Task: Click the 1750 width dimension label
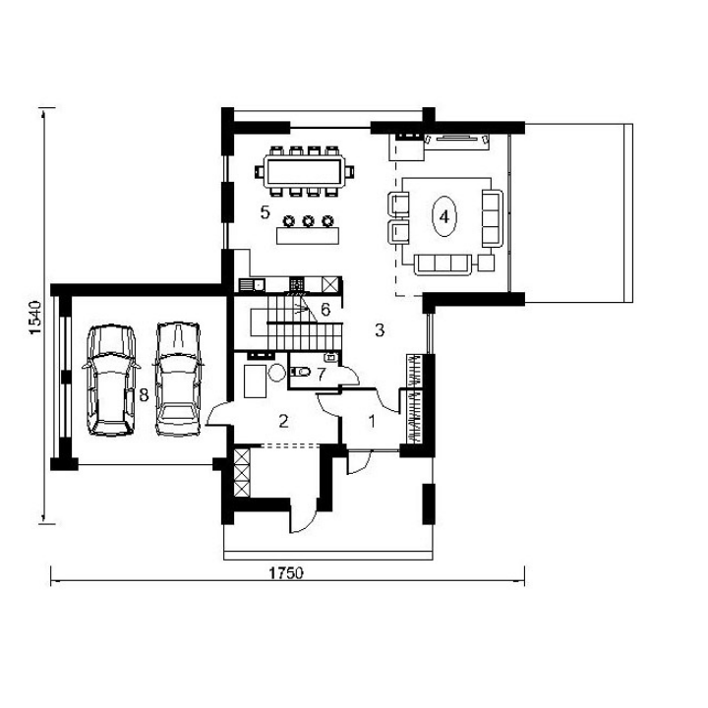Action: coord(286,573)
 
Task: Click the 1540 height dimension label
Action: coord(35,318)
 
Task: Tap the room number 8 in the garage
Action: coord(144,395)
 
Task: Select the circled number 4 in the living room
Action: coord(444,216)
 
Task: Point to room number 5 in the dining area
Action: coord(265,211)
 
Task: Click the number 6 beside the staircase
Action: coord(325,310)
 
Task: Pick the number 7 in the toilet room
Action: coord(321,375)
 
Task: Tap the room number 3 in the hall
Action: coord(380,330)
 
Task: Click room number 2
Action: coord(283,421)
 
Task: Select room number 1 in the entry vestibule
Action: coord(372,421)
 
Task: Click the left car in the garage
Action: coord(110,380)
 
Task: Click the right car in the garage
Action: coord(178,379)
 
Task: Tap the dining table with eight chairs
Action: coord(304,171)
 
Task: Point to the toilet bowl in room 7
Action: coord(301,372)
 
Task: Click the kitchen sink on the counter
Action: coord(252,285)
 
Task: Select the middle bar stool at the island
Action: coord(309,221)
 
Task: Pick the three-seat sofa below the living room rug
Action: coord(443,265)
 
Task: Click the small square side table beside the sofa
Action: coord(486,263)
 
